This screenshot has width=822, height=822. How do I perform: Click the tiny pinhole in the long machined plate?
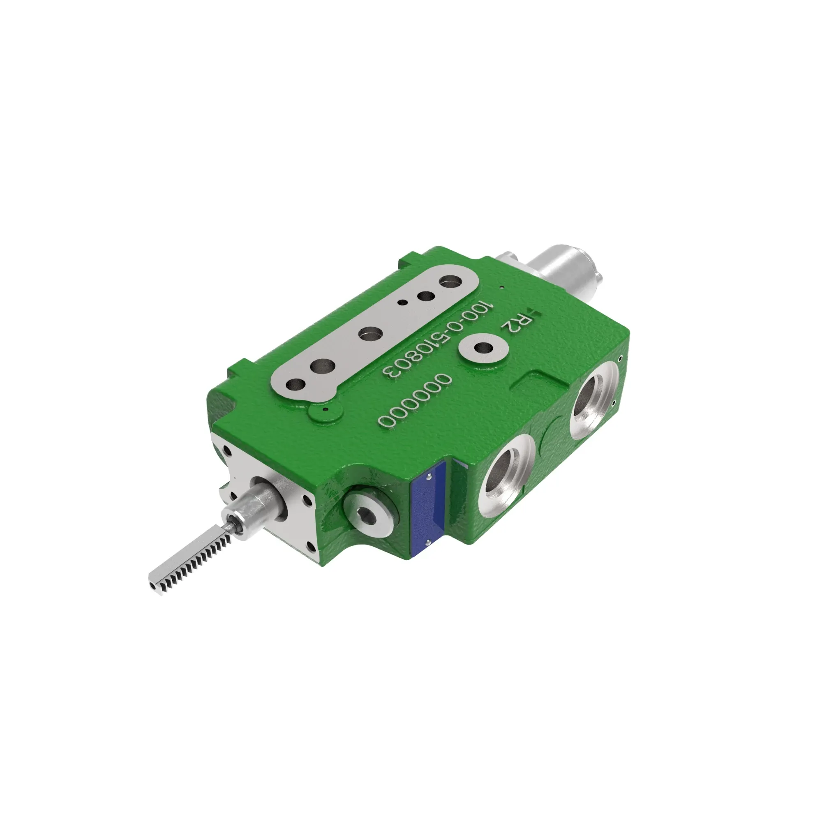tap(402, 302)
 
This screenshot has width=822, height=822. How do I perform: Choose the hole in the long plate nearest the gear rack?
tap(296, 386)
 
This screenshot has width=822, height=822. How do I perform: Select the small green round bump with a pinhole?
tap(326, 411)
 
